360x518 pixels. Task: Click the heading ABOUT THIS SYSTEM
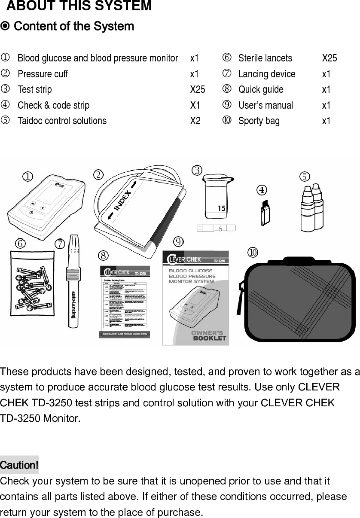79,6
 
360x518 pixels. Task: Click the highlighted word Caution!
19,465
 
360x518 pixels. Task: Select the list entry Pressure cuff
43,74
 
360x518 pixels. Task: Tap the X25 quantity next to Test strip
198,89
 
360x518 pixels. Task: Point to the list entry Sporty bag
259,121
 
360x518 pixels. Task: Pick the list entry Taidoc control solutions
62,121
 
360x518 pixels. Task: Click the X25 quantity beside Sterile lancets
329,58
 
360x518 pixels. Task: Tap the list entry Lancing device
266,74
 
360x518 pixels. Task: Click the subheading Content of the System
74,27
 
